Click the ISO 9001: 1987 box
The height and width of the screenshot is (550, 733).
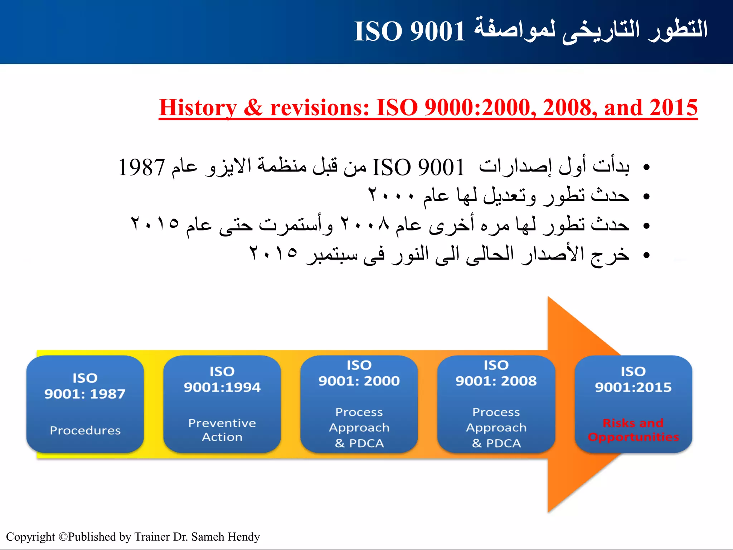[85, 404]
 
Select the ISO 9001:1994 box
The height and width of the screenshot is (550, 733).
[222, 404]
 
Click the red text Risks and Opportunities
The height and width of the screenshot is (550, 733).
[633, 430]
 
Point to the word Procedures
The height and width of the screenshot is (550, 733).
[85, 430]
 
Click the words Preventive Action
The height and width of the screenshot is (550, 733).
[222, 430]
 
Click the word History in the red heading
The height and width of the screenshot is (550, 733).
[198, 107]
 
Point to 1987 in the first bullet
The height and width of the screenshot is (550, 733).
[141, 167]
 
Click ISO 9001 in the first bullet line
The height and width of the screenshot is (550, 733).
[418, 167]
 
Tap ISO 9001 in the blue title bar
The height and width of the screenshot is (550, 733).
[409, 31]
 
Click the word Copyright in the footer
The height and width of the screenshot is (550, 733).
[30, 537]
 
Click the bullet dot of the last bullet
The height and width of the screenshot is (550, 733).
[646, 255]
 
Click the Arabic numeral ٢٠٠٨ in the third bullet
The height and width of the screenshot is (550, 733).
[364, 225]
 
